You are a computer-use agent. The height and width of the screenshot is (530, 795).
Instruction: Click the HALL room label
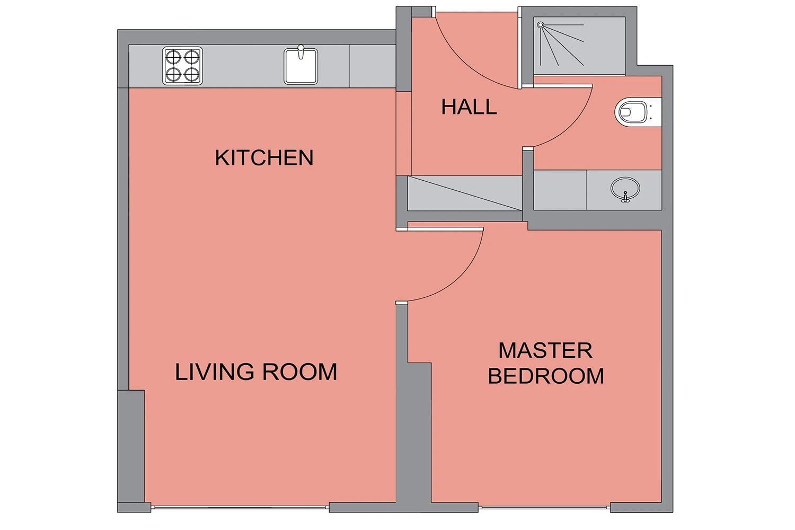469,107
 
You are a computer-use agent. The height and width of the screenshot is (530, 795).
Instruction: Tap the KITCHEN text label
264,157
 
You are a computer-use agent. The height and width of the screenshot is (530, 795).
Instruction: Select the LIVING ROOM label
256,372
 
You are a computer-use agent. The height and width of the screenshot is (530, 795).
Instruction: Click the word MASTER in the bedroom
545,350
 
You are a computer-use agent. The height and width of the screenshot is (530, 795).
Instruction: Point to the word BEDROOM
546,376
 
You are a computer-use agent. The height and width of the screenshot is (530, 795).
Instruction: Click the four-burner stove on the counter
182,66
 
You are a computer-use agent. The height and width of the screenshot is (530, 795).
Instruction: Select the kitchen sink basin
301,67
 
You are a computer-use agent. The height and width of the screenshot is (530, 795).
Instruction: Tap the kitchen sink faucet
301,52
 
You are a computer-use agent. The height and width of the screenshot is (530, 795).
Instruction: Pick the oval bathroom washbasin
625,189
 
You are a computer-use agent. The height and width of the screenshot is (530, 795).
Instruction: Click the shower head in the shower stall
541,25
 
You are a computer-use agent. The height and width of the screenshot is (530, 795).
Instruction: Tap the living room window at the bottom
240,508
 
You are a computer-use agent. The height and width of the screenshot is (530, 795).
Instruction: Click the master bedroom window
544,508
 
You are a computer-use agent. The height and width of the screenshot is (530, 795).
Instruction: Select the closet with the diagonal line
465,193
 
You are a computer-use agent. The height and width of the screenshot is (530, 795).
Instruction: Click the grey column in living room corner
131,446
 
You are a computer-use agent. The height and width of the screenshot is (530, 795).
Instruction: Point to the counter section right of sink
372,66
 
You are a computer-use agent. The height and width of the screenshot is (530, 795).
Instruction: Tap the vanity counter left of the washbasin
560,190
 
